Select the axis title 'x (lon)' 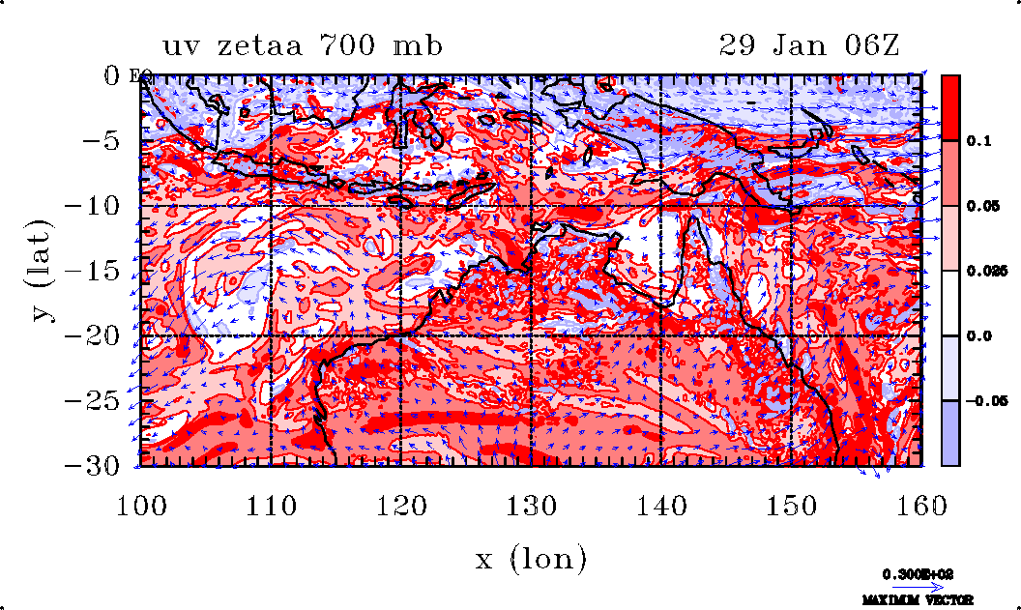(x=531, y=559)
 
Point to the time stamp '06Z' (x=866, y=45)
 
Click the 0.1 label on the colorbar (x=978, y=141)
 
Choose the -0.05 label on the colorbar (x=984, y=400)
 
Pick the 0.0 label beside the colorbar (x=978, y=335)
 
